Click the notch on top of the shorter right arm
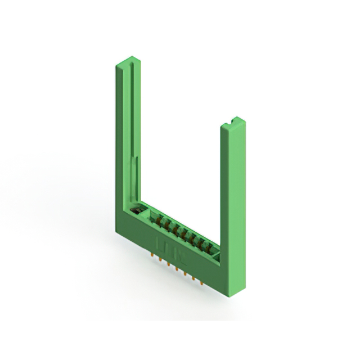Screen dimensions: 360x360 coord(232,121)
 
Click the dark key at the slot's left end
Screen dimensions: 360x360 coord(135,210)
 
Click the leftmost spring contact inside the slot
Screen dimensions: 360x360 coord(160,220)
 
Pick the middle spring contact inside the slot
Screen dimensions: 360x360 coord(183,232)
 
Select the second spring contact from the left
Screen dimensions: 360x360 coord(168,224)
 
